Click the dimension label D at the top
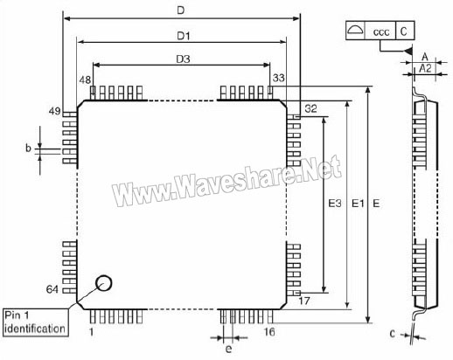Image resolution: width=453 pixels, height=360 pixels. [x=181, y=10]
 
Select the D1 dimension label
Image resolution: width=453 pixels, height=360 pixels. [x=184, y=36]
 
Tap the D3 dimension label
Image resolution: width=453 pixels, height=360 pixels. [x=183, y=59]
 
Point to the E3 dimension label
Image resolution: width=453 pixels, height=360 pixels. [x=335, y=203]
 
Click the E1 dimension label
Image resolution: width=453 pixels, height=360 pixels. [x=358, y=203]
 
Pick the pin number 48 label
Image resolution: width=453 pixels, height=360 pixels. [x=85, y=80]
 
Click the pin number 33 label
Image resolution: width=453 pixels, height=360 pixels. [x=279, y=78]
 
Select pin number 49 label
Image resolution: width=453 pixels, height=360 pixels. [x=54, y=111]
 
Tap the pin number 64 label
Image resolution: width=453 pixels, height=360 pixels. [x=52, y=289]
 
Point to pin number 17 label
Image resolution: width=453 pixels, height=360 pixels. [x=304, y=301]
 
